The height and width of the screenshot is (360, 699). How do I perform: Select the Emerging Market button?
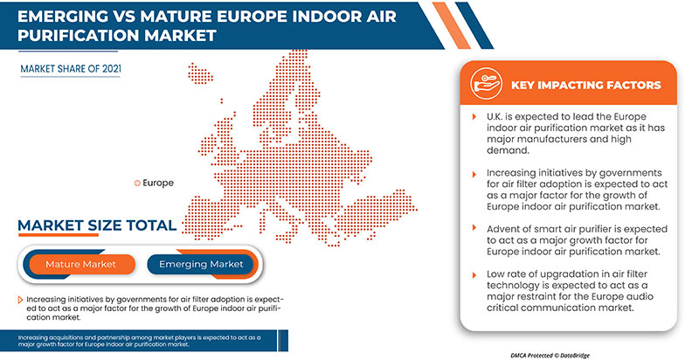201,264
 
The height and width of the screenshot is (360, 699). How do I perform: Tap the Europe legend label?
157,183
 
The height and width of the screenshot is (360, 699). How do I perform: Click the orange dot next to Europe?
136,183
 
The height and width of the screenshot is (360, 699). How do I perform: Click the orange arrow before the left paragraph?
20,300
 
